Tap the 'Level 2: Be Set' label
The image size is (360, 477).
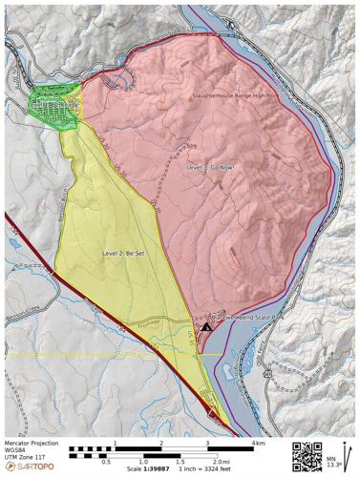123,253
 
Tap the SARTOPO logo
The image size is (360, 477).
30,467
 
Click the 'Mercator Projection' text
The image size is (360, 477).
31,443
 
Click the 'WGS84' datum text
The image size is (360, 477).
14,450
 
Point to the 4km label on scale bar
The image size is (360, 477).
258,444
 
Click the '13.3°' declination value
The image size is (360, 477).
331,467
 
